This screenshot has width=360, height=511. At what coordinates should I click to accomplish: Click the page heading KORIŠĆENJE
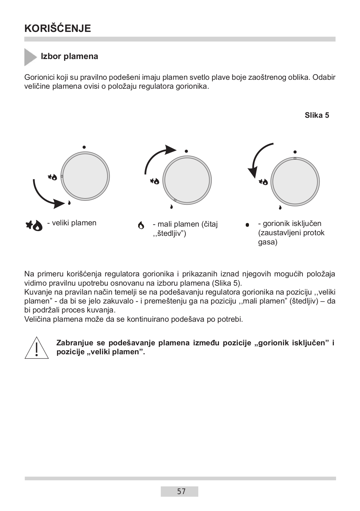[x=57, y=28]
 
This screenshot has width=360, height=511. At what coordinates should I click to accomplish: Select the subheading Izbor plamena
[x=69, y=56]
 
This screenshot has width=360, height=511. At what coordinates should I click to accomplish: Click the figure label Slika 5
[x=317, y=116]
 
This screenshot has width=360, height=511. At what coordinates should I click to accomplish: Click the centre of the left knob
[x=85, y=177]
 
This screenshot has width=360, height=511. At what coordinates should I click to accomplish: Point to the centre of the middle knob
[x=187, y=180]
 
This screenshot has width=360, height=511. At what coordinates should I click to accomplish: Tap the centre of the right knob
[x=295, y=182]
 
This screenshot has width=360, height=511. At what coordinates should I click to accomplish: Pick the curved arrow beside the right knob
[x=258, y=160]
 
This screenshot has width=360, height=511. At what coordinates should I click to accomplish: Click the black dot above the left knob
[x=84, y=147]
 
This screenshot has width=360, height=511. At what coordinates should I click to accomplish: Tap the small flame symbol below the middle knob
[x=172, y=207]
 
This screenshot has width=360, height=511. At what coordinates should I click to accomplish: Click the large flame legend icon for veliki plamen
[x=34, y=225]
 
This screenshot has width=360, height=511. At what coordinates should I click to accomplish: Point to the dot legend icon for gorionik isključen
[x=247, y=225]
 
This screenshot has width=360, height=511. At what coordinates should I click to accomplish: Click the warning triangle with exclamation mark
[x=37, y=348]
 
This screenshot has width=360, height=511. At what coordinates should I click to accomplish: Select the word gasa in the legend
[x=267, y=242]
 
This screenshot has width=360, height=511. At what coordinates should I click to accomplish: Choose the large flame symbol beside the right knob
[x=263, y=182]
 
